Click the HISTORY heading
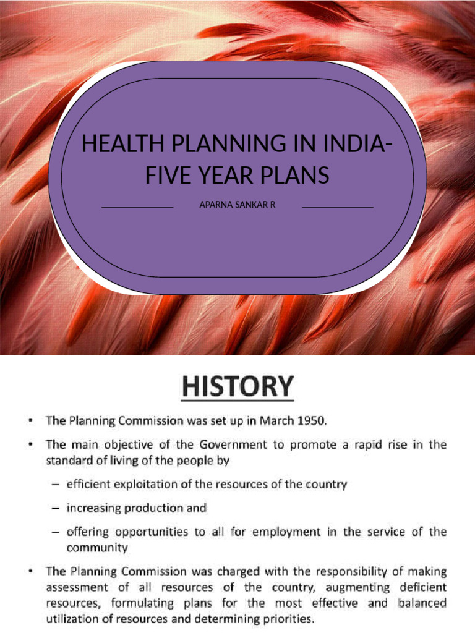tap(237, 388)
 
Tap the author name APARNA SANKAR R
tap(237, 203)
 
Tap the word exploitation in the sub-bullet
tap(145, 485)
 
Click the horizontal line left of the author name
tap(137, 208)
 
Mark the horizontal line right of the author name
tap(338, 208)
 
